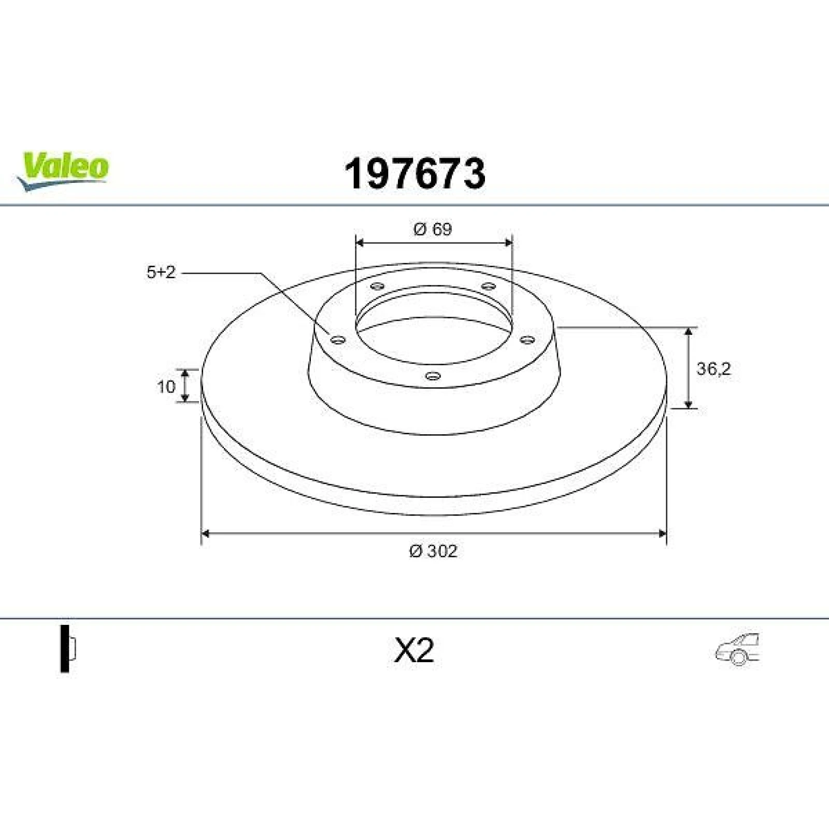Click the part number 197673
point(415,174)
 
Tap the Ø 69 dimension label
point(433,228)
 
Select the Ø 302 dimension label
point(433,551)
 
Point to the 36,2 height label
point(713,369)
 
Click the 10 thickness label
point(166,387)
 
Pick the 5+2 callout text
point(161,272)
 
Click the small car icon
point(737,648)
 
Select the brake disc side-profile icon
point(68,649)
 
